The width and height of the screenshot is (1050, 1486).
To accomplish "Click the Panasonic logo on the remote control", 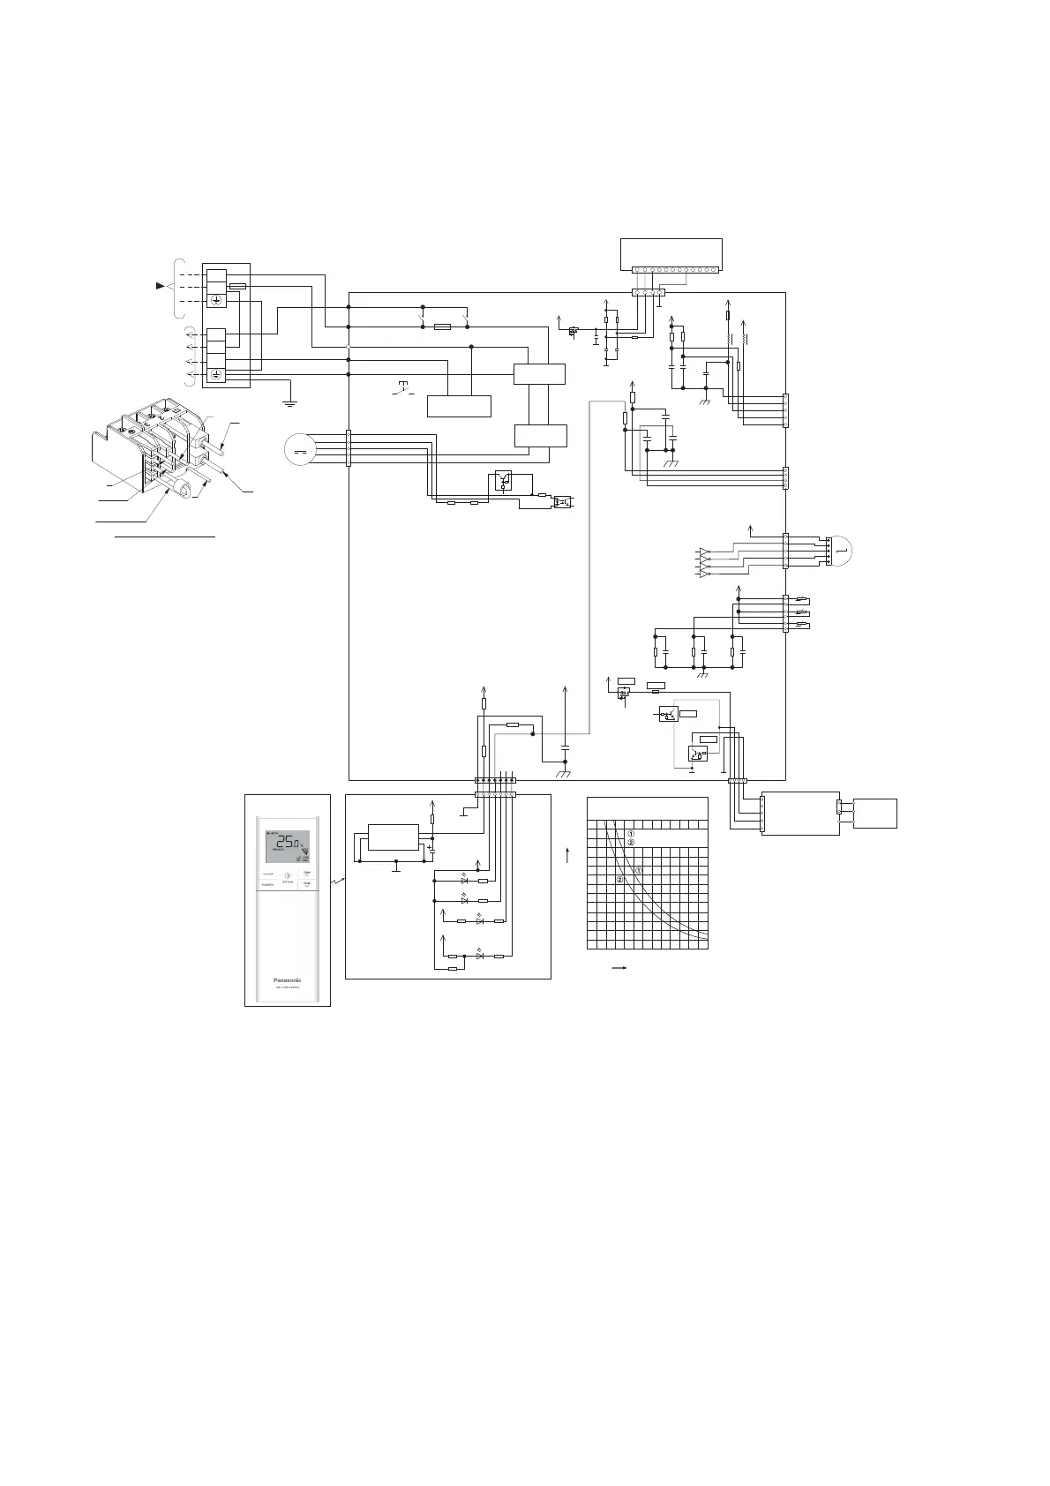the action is [x=287, y=979].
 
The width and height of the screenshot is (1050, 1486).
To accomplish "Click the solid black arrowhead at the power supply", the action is [x=160, y=286].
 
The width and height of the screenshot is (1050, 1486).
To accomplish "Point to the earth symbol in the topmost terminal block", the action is [x=216, y=300].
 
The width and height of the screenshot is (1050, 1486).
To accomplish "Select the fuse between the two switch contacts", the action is [x=444, y=326].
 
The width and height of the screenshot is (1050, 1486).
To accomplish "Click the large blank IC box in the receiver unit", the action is [x=394, y=837].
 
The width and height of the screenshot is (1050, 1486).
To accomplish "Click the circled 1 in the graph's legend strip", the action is [x=631, y=834].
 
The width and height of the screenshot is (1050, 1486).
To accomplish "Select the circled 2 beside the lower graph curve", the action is [x=620, y=880].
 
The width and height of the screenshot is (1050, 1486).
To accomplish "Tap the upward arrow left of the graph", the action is [x=568, y=854].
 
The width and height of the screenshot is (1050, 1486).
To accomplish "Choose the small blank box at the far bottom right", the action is [x=875, y=813].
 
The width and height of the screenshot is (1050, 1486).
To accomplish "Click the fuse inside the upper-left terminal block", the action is [x=237, y=286].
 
